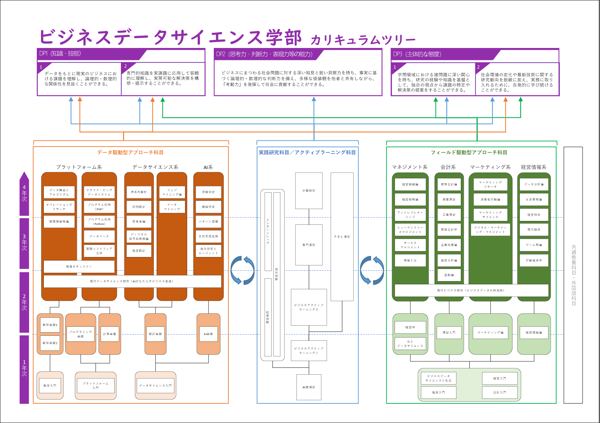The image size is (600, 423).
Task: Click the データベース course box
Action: (x=99, y=236)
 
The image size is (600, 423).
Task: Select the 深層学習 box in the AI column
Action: (x=208, y=192)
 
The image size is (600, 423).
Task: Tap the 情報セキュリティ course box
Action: (x=79, y=266)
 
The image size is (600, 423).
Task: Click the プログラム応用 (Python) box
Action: (x=99, y=221)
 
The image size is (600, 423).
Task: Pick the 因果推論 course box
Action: (x=139, y=221)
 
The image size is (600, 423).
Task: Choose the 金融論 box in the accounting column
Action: (x=449, y=275)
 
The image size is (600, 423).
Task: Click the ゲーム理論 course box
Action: (x=534, y=245)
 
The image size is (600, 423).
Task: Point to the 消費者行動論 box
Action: (x=490, y=199)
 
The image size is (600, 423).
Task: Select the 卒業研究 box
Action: (x=309, y=190)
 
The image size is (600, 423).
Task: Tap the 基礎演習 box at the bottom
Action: (x=309, y=387)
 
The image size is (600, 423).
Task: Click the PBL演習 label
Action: (x=342, y=237)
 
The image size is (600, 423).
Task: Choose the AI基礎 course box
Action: (x=208, y=334)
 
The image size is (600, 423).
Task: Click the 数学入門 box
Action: (x=50, y=386)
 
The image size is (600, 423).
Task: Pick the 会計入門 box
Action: (x=499, y=392)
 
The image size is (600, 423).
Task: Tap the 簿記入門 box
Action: (x=449, y=332)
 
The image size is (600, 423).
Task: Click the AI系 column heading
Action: (x=208, y=167)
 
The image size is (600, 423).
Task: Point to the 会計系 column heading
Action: (x=448, y=167)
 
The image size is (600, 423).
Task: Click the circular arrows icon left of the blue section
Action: (x=243, y=270)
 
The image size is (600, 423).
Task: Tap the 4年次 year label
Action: (x=24, y=193)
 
